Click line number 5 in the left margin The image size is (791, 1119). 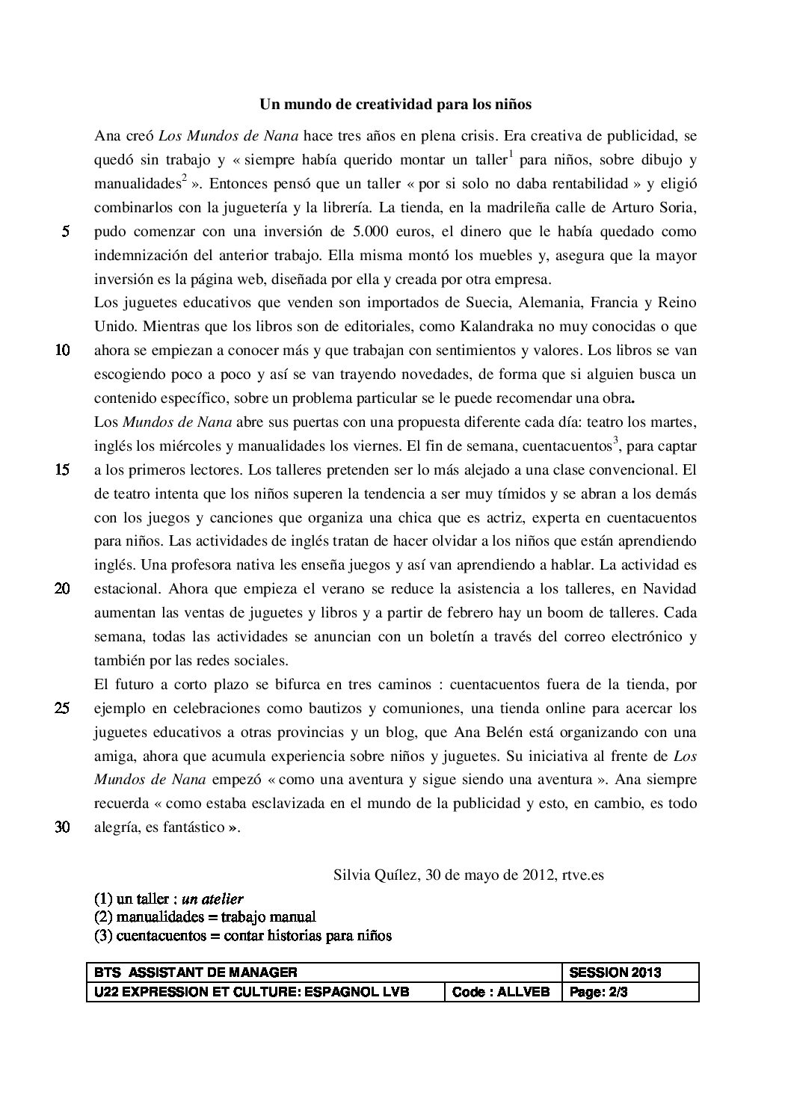pos(66,232)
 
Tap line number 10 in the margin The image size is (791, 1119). pos(63,351)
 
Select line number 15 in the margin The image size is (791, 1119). pos(63,470)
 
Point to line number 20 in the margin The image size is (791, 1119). pos(63,589)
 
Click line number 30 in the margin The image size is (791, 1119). pos(63,827)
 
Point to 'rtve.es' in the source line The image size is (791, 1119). pos(581,875)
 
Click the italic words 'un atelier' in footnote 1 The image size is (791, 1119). pos(212,898)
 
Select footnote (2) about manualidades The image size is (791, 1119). pos(205,916)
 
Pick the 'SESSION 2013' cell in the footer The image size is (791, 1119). pos(615,972)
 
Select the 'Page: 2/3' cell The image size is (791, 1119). pos(599,992)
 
